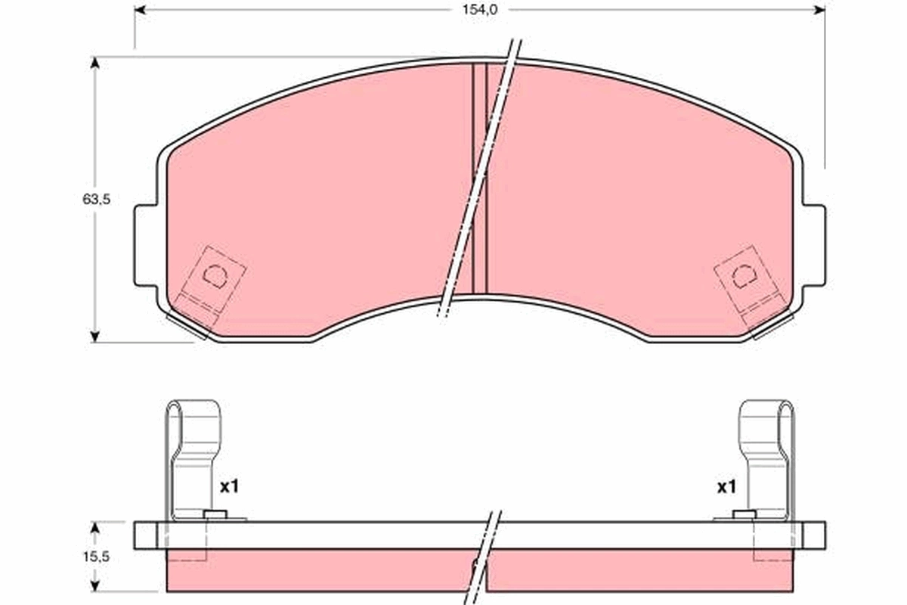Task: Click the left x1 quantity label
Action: [x=229, y=487]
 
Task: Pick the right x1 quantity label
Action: [x=726, y=487]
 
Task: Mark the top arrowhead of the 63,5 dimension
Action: [x=95, y=62]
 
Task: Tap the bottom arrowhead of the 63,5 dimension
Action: [x=95, y=337]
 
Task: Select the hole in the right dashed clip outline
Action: [x=743, y=276]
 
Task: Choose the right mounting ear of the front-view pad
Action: [x=815, y=246]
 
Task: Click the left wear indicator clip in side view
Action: [x=193, y=454]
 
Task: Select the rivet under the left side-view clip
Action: [x=216, y=516]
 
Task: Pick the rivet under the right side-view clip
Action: [x=744, y=516]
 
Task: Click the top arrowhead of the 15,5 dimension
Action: [x=95, y=526]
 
